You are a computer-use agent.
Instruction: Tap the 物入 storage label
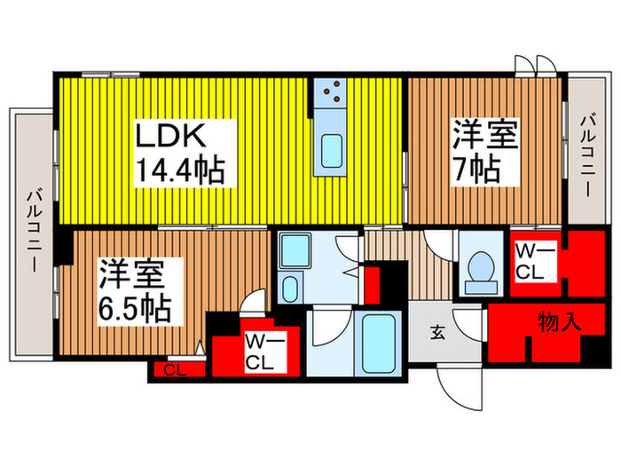[560, 321]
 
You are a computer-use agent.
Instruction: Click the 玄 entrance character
[437, 333]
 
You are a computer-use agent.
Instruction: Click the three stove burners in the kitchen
[334, 91]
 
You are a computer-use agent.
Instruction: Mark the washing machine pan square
[294, 250]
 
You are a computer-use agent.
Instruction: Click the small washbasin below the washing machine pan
[290, 288]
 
